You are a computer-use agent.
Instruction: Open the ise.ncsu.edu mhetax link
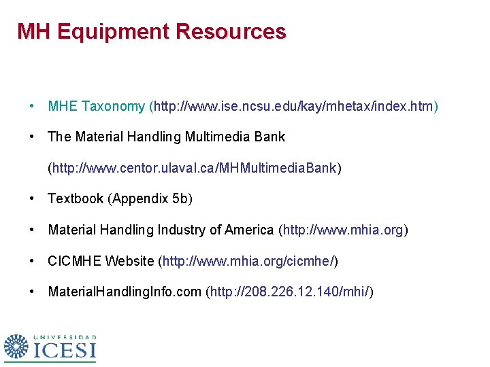click(294, 106)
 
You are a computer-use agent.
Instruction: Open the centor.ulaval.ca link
click(194, 167)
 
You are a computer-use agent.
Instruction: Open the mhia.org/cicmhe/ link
click(248, 261)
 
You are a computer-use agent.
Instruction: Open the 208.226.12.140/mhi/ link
click(289, 292)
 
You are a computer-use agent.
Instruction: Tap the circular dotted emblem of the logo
click(17, 347)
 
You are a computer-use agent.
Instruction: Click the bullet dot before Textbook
click(32, 198)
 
